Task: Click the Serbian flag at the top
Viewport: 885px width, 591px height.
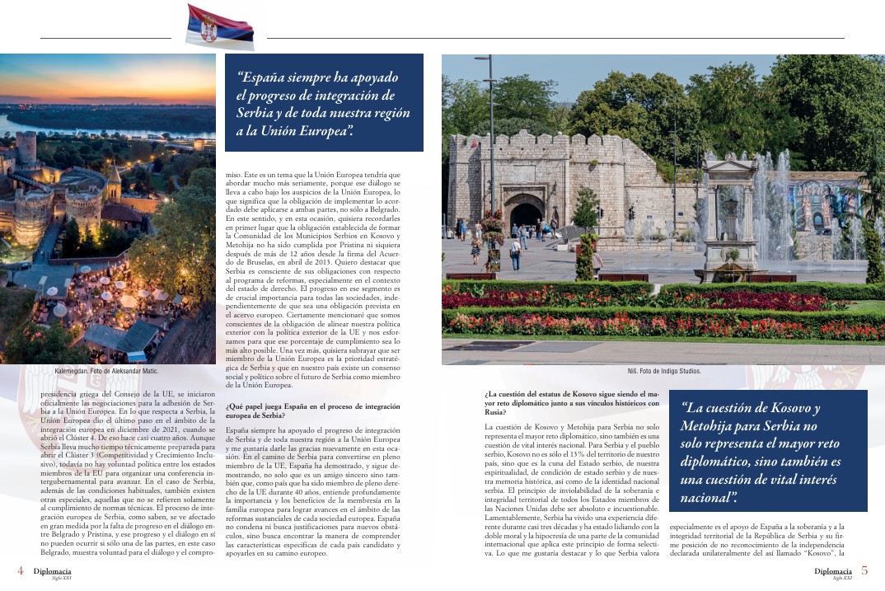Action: point(219,26)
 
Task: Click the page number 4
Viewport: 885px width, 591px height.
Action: point(19,570)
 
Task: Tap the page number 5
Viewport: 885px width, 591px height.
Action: point(864,570)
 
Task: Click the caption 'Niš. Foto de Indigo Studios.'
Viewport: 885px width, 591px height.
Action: point(663,371)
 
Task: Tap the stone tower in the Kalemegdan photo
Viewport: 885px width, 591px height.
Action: point(26,148)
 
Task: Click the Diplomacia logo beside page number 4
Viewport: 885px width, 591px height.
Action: point(52,571)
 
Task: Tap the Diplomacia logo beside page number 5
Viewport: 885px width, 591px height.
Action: point(833,571)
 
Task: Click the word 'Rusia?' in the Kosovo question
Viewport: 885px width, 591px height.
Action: point(497,412)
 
